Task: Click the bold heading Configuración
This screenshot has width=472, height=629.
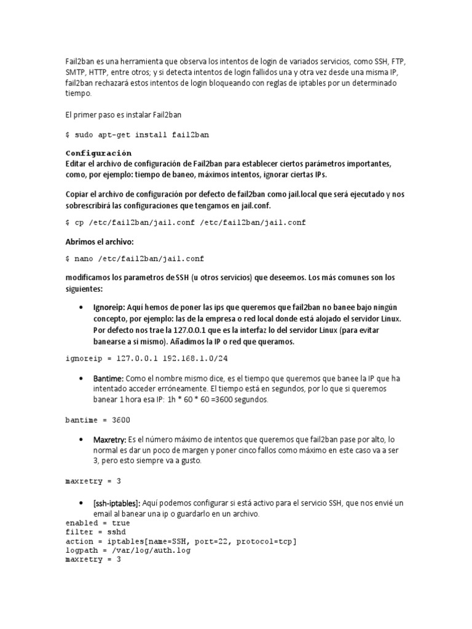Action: click(98, 153)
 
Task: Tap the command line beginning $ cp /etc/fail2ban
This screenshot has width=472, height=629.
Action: click(185, 222)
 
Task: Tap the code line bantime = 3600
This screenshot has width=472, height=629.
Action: click(97, 420)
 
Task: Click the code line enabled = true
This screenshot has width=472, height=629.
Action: click(97, 523)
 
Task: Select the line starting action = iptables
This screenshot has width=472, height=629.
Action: click(181, 541)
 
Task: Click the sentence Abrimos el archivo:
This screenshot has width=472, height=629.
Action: click(99, 241)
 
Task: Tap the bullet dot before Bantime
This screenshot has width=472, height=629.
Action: click(81, 379)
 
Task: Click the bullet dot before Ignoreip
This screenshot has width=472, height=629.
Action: click(81, 307)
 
